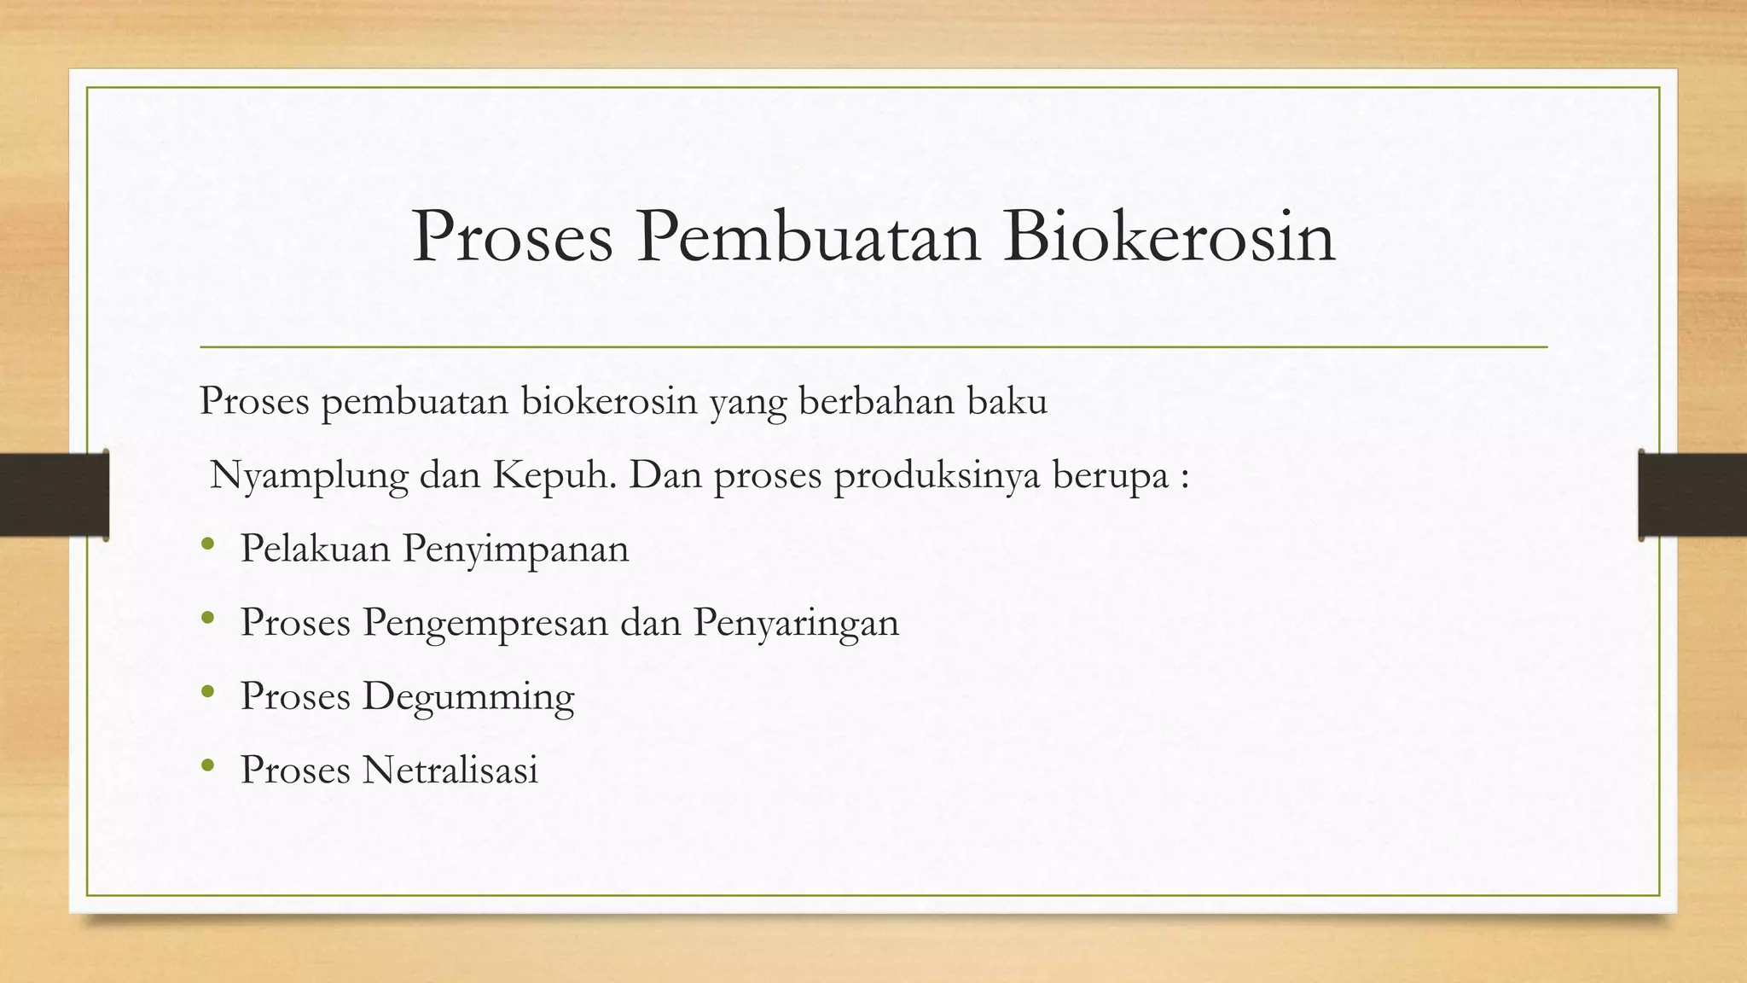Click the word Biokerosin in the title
pyautogui.click(x=1169, y=237)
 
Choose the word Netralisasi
pyautogui.click(x=450, y=770)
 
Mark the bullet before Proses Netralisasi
pyautogui.click(x=207, y=766)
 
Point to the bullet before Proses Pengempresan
pyautogui.click(x=207, y=619)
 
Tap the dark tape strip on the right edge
pyautogui.click(x=1692, y=495)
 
